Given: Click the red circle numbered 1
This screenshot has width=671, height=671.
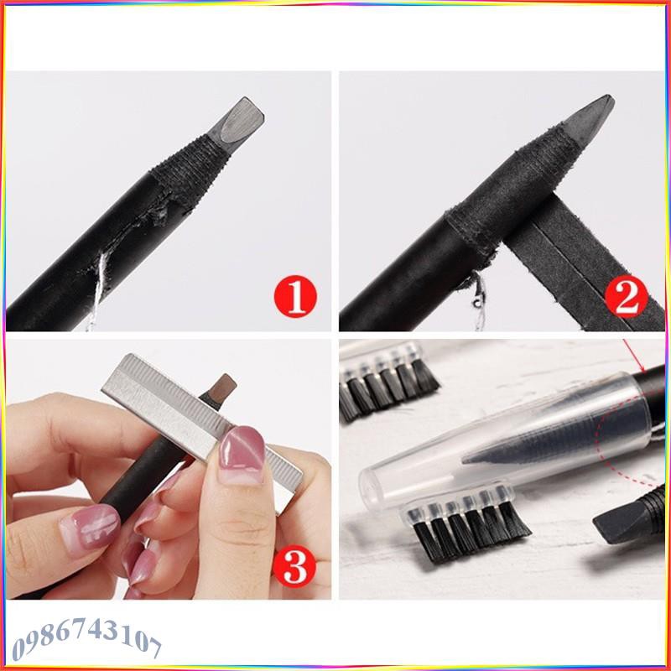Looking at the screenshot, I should point(294,296).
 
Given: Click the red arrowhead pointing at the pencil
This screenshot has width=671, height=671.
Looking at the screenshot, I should point(640,367).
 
